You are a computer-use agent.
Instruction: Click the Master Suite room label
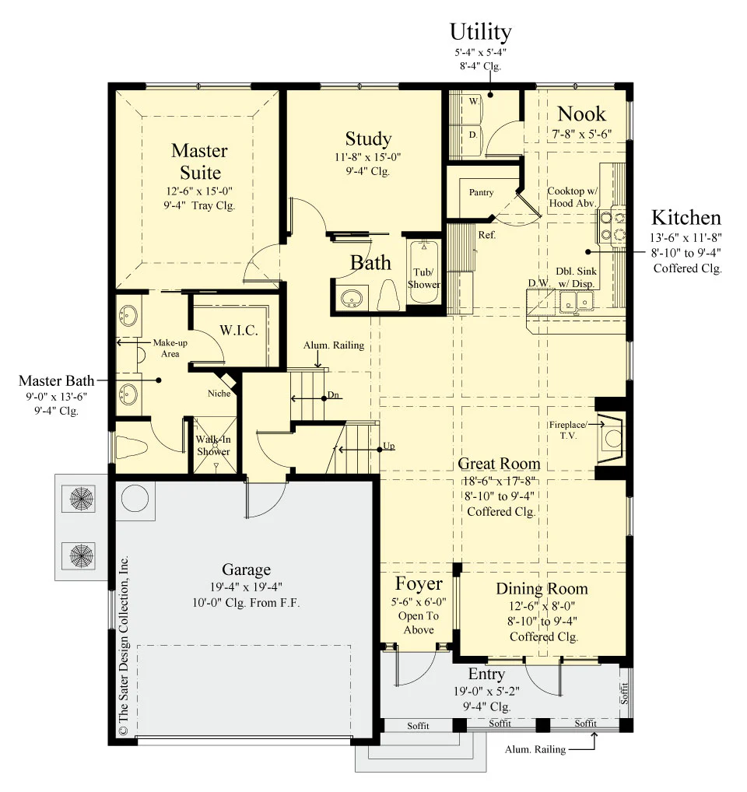point(200,162)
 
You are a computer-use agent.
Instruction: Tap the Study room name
point(368,139)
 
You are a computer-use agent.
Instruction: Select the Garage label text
point(247,569)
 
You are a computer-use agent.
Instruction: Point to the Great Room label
point(499,463)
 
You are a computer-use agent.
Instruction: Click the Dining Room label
point(542,588)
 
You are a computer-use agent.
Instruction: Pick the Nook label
point(581,114)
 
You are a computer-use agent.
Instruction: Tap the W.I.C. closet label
point(238,331)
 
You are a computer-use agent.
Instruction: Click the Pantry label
point(482,192)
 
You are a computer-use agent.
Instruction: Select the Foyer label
point(419,583)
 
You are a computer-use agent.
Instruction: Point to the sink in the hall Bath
point(351,299)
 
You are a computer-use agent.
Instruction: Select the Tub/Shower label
point(424,279)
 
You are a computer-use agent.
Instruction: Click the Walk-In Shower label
point(214,446)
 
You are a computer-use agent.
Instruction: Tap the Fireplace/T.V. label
point(568,430)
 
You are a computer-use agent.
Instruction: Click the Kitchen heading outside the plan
point(686,218)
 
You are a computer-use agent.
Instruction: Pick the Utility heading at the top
point(480,32)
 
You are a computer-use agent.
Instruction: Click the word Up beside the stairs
point(389,446)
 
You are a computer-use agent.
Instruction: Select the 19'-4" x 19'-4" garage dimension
point(246,587)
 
